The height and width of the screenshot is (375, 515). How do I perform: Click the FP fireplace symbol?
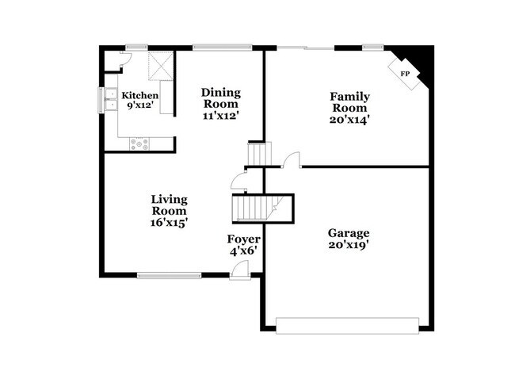(405, 74)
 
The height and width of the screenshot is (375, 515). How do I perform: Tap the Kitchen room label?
(134, 95)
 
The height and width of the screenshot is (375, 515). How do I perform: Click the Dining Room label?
(219, 98)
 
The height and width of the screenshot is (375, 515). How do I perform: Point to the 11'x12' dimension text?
(219, 116)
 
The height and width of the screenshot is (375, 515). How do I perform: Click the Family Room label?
(349, 102)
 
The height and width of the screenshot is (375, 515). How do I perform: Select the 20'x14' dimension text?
(349, 121)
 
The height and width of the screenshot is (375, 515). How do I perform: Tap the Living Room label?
(169, 205)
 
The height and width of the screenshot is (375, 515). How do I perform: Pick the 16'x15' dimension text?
(169, 224)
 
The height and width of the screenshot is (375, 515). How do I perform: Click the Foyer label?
(243, 239)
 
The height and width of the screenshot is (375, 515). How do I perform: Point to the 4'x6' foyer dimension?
(243, 251)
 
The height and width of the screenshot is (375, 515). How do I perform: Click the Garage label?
(349, 233)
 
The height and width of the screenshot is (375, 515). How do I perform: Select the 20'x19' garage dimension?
(349, 246)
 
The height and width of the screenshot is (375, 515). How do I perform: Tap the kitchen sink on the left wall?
(107, 100)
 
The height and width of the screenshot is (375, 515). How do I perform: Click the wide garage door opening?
(347, 323)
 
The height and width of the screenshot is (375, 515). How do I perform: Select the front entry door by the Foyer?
(238, 274)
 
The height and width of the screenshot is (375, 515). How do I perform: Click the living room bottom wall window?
(169, 276)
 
